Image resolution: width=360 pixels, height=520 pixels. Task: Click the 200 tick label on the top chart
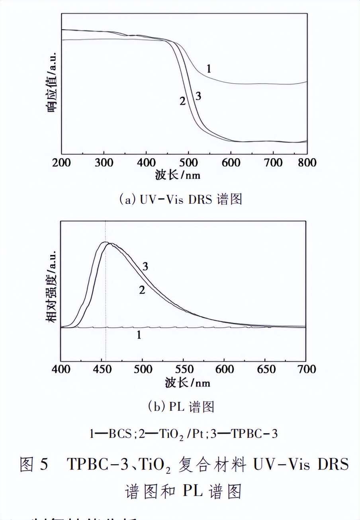click(x=61, y=162)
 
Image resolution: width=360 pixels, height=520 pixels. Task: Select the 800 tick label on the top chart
click(x=307, y=162)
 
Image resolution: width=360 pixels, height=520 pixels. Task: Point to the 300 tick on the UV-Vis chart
click(x=104, y=162)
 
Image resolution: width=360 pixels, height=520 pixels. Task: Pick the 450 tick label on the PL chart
click(x=101, y=369)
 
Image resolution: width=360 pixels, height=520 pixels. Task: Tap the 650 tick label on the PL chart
click(x=265, y=369)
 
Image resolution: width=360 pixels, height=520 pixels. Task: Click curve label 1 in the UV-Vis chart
click(x=208, y=69)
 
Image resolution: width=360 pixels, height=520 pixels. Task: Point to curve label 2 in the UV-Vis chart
click(x=182, y=101)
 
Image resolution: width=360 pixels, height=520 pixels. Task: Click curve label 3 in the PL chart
click(x=145, y=267)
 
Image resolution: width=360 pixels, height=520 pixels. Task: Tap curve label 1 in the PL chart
click(x=139, y=335)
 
